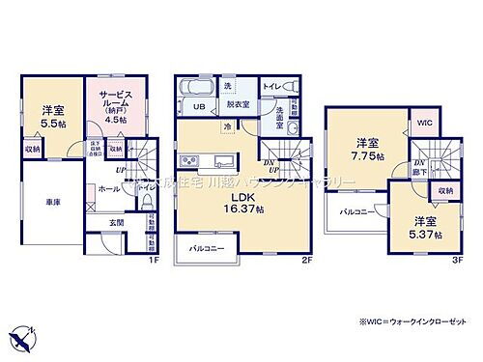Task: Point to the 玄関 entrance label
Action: coord(116,224)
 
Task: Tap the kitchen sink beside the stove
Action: coord(219,160)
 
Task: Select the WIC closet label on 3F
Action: coord(423,123)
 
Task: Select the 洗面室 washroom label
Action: coord(271,113)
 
